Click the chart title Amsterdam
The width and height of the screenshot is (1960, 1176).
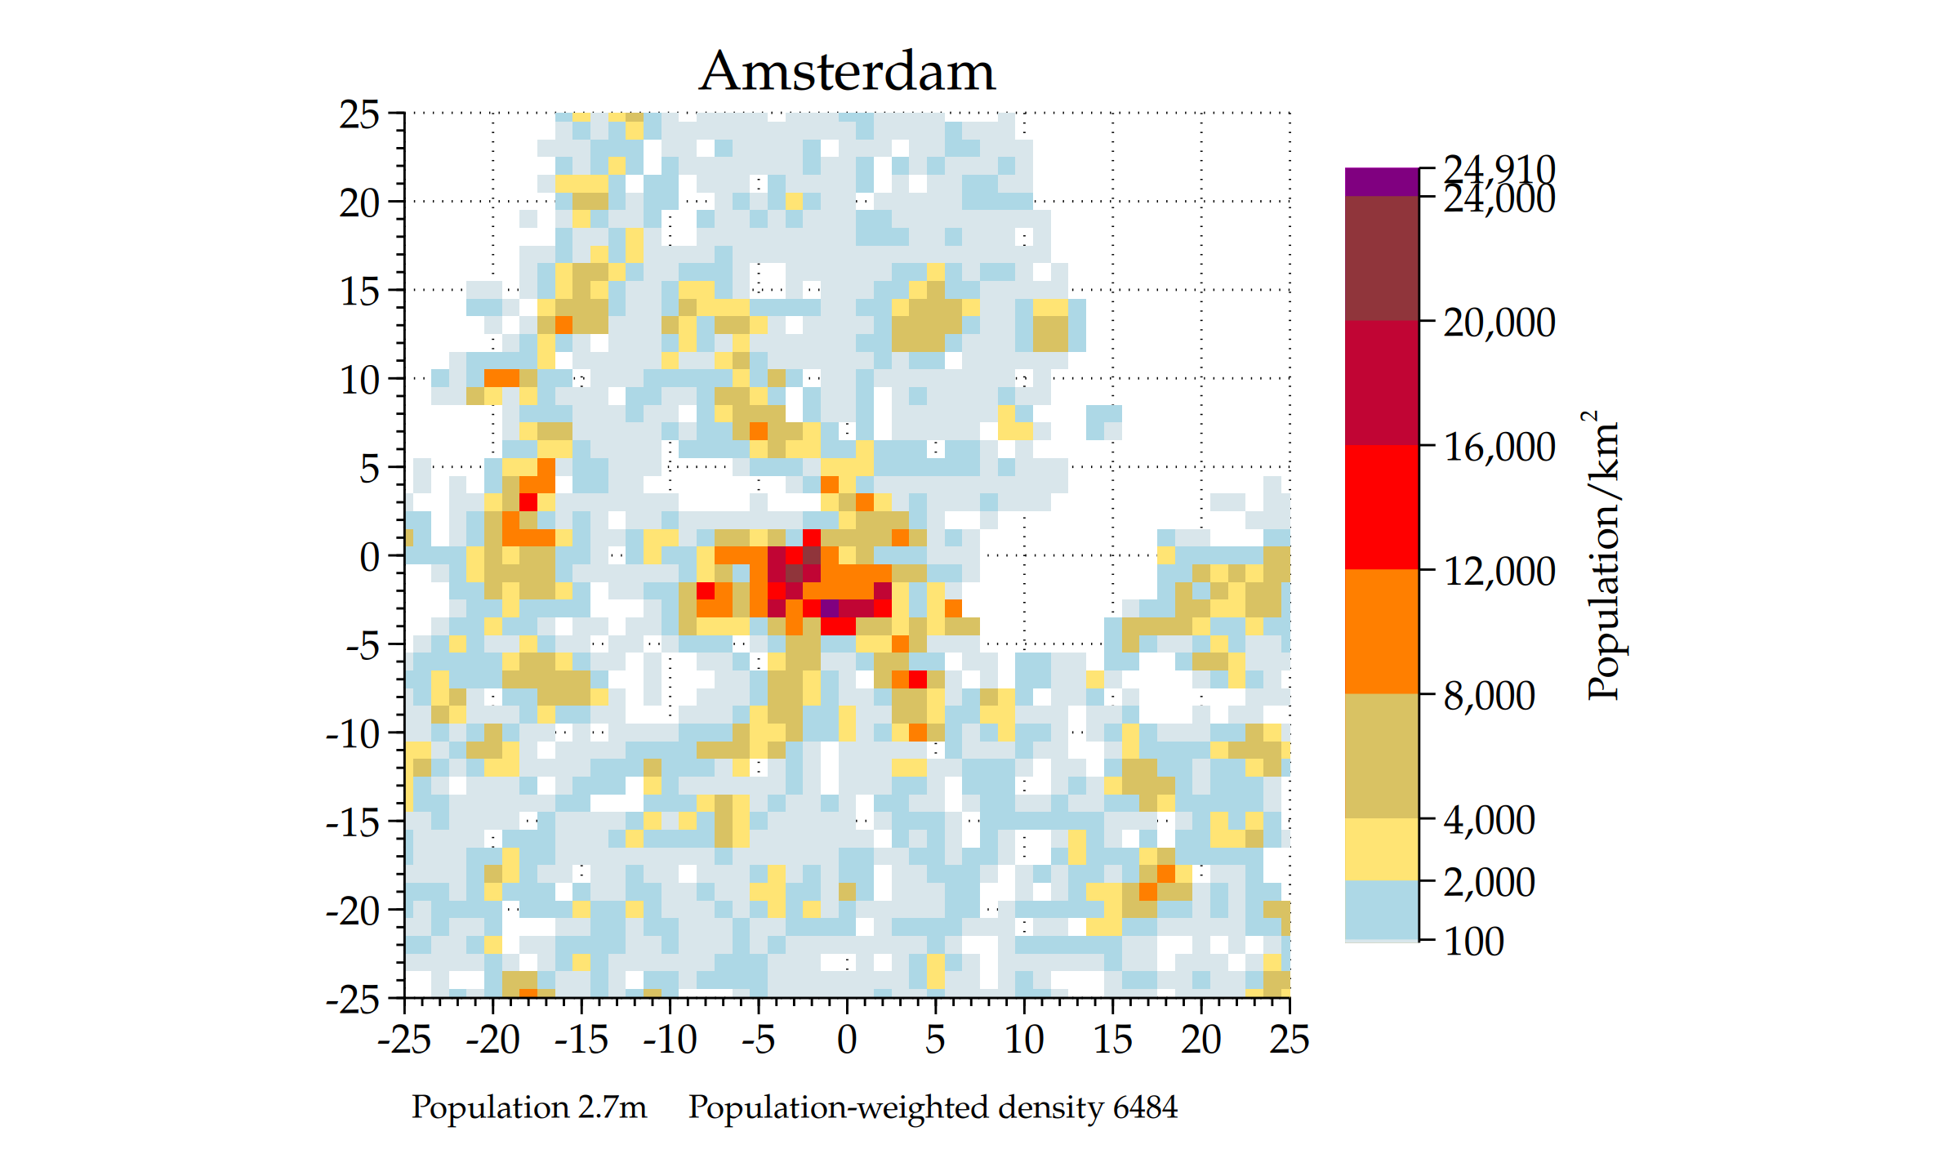tap(847, 72)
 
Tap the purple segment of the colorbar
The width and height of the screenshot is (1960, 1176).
tap(1381, 181)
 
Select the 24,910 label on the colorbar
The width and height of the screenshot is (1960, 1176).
tap(1499, 169)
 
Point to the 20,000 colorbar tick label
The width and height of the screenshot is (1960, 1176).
tap(1499, 323)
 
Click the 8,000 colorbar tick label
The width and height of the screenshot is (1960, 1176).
tap(1489, 696)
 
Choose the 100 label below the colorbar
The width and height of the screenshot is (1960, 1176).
tap(1473, 942)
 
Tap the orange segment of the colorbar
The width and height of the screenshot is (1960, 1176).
tap(1381, 630)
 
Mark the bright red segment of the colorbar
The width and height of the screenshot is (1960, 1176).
tap(1381, 506)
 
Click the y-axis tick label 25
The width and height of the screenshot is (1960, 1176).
tap(359, 114)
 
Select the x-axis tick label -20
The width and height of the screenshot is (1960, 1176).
tap(492, 1040)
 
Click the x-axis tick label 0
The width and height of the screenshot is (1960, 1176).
tap(847, 1040)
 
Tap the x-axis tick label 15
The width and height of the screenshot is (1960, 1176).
tap(1112, 1040)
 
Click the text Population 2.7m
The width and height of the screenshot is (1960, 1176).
tap(528, 1107)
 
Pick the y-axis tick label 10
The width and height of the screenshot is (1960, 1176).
tap(359, 381)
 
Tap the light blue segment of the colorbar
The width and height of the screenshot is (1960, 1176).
tap(1381, 909)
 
